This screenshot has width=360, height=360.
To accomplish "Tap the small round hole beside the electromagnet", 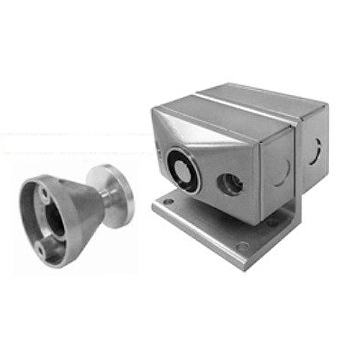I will pos(232,184).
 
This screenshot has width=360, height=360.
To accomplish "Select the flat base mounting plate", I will pos(209,227).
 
